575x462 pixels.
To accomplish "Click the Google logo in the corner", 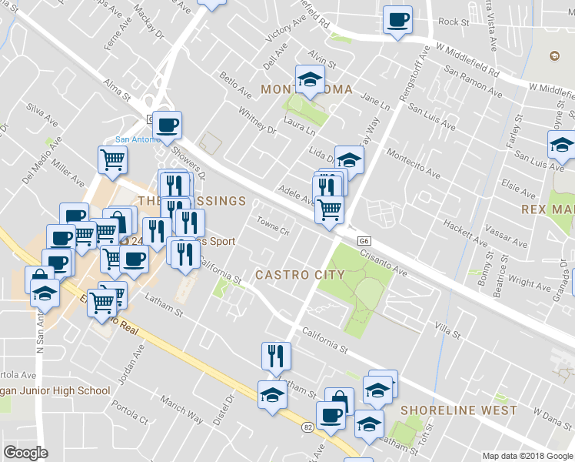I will pos(25,453).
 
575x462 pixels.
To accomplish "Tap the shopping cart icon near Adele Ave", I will pos(329,208).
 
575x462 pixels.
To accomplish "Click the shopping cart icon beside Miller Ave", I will pos(112,159).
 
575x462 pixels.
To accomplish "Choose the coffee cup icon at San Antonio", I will pos(166,124).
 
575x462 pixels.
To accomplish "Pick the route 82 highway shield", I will pos(307,426).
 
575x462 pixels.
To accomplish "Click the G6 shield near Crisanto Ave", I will pos(365,241).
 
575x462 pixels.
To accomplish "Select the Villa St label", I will pos(446,334).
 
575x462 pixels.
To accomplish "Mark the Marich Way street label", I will pos(181,409).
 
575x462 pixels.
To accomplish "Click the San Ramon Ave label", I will pos(473,82).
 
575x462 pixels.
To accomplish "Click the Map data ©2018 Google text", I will pos(527,455).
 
